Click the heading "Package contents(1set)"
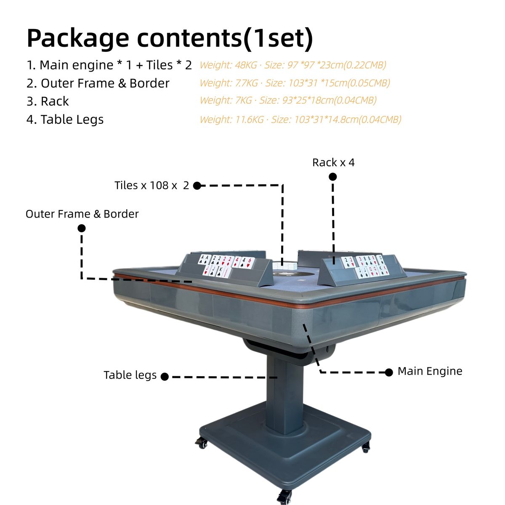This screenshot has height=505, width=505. [170, 39]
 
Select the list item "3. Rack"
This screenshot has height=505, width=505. [48, 101]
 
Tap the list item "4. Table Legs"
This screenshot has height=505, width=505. [65, 120]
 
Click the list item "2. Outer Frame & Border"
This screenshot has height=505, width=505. [98, 83]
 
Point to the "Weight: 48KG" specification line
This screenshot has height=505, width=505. [293, 65]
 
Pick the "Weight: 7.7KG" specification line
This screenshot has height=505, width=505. [295, 83]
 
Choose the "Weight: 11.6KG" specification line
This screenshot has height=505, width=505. [300, 120]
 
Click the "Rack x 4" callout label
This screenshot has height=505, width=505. [333, 162]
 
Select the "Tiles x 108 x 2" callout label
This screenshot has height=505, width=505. [152, 186]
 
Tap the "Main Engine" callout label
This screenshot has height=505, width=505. [430, 371]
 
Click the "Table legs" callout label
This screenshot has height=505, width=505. [130, 375]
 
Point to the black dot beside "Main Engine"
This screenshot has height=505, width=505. [389, 372]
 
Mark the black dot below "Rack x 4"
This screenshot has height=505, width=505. [332, 177]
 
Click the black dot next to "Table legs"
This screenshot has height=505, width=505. [165, 377]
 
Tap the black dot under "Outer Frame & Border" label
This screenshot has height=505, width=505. [82, 228]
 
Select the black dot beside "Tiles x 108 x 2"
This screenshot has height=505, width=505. [197, 186]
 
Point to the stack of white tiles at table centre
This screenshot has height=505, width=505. [284, 265]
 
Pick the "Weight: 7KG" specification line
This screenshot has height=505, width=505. [288, 100]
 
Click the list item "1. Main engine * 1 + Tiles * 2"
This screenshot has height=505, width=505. [109, 65]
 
